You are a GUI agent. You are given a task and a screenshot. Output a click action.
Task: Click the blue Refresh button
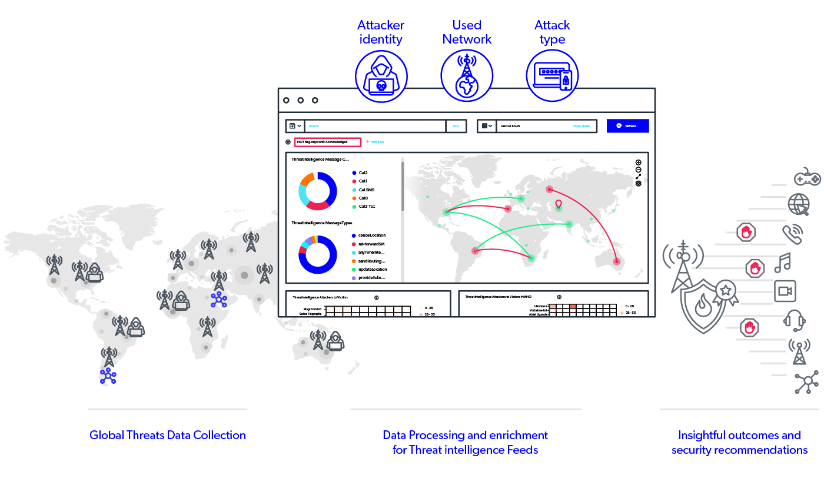click(x=627, y=126)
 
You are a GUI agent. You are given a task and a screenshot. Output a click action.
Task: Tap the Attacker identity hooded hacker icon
click(x=381, y=77)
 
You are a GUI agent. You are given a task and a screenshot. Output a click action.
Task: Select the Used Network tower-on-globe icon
click(x=466, y=77)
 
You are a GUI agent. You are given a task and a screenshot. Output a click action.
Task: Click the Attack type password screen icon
click(x=552, y=77)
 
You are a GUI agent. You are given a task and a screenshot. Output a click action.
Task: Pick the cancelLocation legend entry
click(x=372, y=235)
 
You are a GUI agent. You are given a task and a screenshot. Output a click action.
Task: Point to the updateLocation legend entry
click(x=373, y=269)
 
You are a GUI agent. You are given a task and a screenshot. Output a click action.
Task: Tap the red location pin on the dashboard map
click(x=559, y=204)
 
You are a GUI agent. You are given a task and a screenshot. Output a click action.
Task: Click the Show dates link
click(x=582, y=126)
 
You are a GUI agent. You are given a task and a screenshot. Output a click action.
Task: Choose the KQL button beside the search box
click(x=456, y=126)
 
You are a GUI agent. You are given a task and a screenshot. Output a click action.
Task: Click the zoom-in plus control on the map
click(x=639, y=162)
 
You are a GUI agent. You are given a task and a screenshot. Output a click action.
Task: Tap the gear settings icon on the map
click(x=639, y=184)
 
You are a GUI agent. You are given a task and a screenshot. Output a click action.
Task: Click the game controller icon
click(x=808, y=177)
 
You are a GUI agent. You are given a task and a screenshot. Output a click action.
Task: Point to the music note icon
click(x=783, y=263)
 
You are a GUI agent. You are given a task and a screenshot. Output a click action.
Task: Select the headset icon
click(x=795, y=321)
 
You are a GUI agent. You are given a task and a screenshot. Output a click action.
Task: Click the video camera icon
click(x=785, y=291)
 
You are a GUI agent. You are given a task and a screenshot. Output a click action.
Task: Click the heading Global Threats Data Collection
click(x=168, y=436)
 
